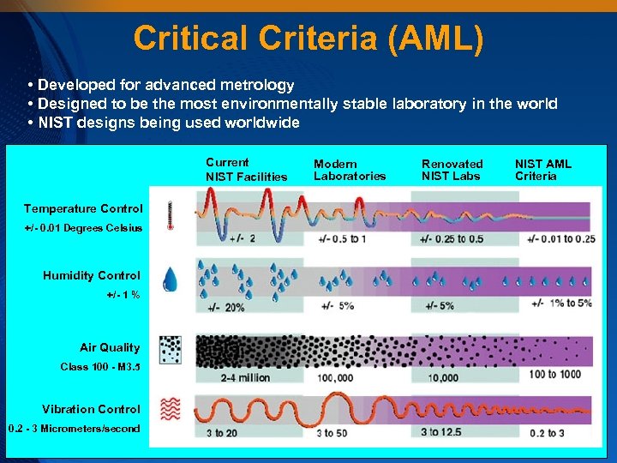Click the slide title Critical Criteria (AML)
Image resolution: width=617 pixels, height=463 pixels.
(308, 38)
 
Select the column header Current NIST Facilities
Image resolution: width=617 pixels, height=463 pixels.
(246, 170)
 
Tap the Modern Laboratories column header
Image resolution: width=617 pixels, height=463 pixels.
(350, 170)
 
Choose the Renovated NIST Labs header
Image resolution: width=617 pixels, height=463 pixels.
(452, 170)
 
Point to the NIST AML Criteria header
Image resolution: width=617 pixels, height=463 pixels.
(543, 170)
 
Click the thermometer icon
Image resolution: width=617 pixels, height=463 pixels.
(171, 215)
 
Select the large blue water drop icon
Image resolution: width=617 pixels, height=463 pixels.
(171, 279)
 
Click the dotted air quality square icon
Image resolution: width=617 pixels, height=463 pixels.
(171, 349)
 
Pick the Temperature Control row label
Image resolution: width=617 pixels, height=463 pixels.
(82, 209)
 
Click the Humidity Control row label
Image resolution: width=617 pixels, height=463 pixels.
(91, 275)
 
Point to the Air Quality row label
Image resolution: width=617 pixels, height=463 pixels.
(110, 347)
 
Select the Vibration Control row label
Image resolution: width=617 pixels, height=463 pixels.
(91, 409)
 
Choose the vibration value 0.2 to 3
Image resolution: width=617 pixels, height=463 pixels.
(548, 433)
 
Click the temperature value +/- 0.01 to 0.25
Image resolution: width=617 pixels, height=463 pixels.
(561, 238)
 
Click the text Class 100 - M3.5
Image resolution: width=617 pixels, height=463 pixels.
(99, 367)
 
